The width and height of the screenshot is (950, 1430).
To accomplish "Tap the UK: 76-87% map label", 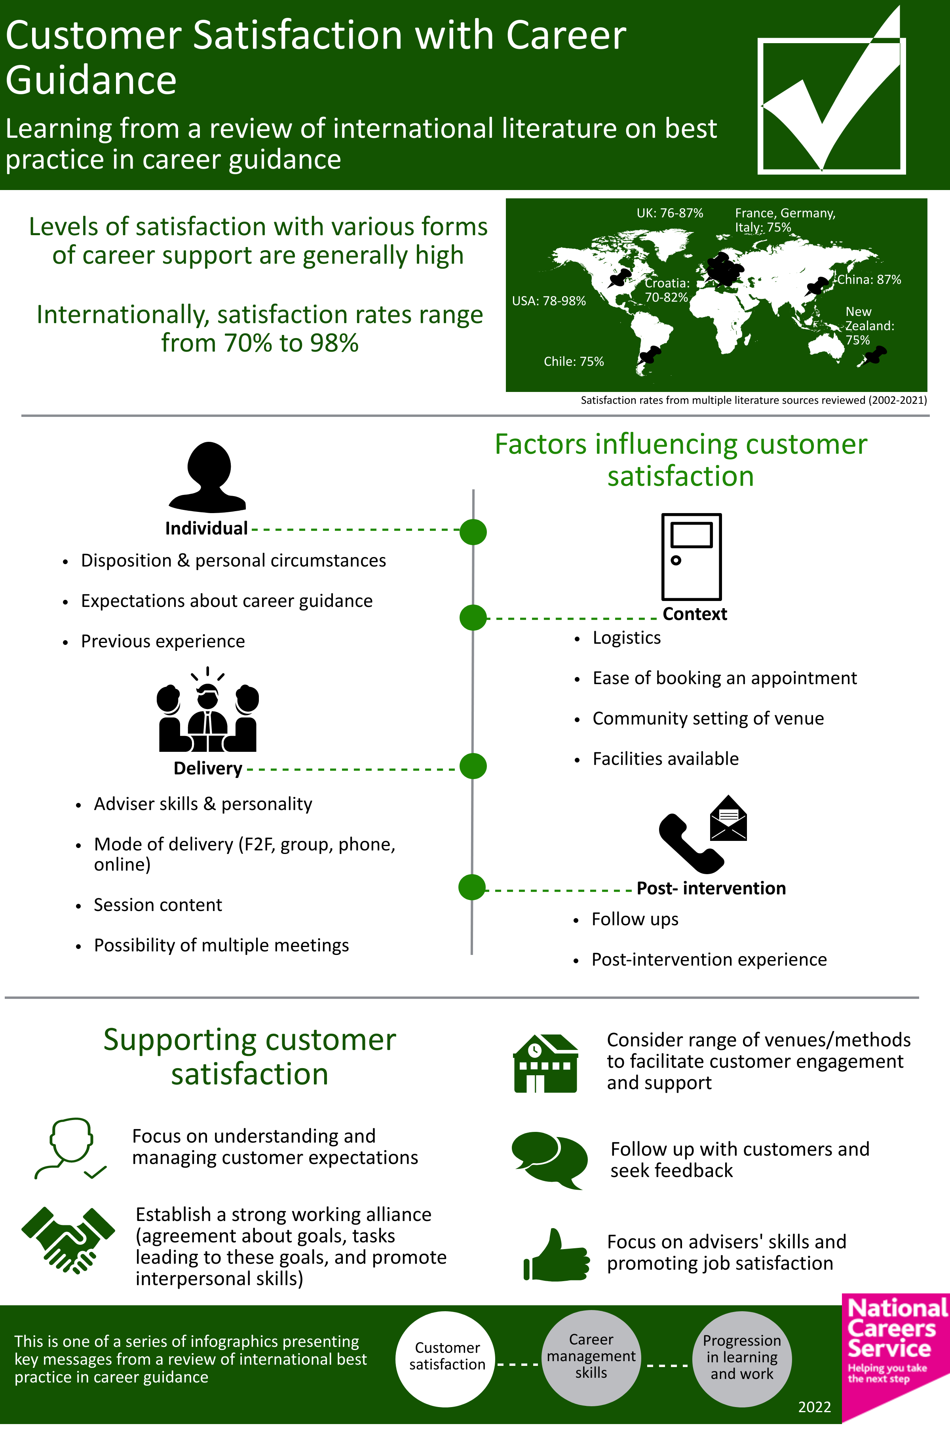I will click(669, 213).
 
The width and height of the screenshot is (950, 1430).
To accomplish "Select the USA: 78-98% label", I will click(549, 301).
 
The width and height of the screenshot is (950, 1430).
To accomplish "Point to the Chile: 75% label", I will click(574, 362).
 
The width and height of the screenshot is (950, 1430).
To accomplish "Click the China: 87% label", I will click(869, 280).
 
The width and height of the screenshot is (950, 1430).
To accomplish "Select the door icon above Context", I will click(691, 556).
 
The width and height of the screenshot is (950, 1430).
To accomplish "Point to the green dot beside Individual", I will click(473, 532).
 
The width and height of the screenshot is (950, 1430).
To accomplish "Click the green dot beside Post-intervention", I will click(472, 888).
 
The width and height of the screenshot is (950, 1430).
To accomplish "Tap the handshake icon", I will click(68, 1240).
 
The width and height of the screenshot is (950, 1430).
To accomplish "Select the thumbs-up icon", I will click(556, 1255).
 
